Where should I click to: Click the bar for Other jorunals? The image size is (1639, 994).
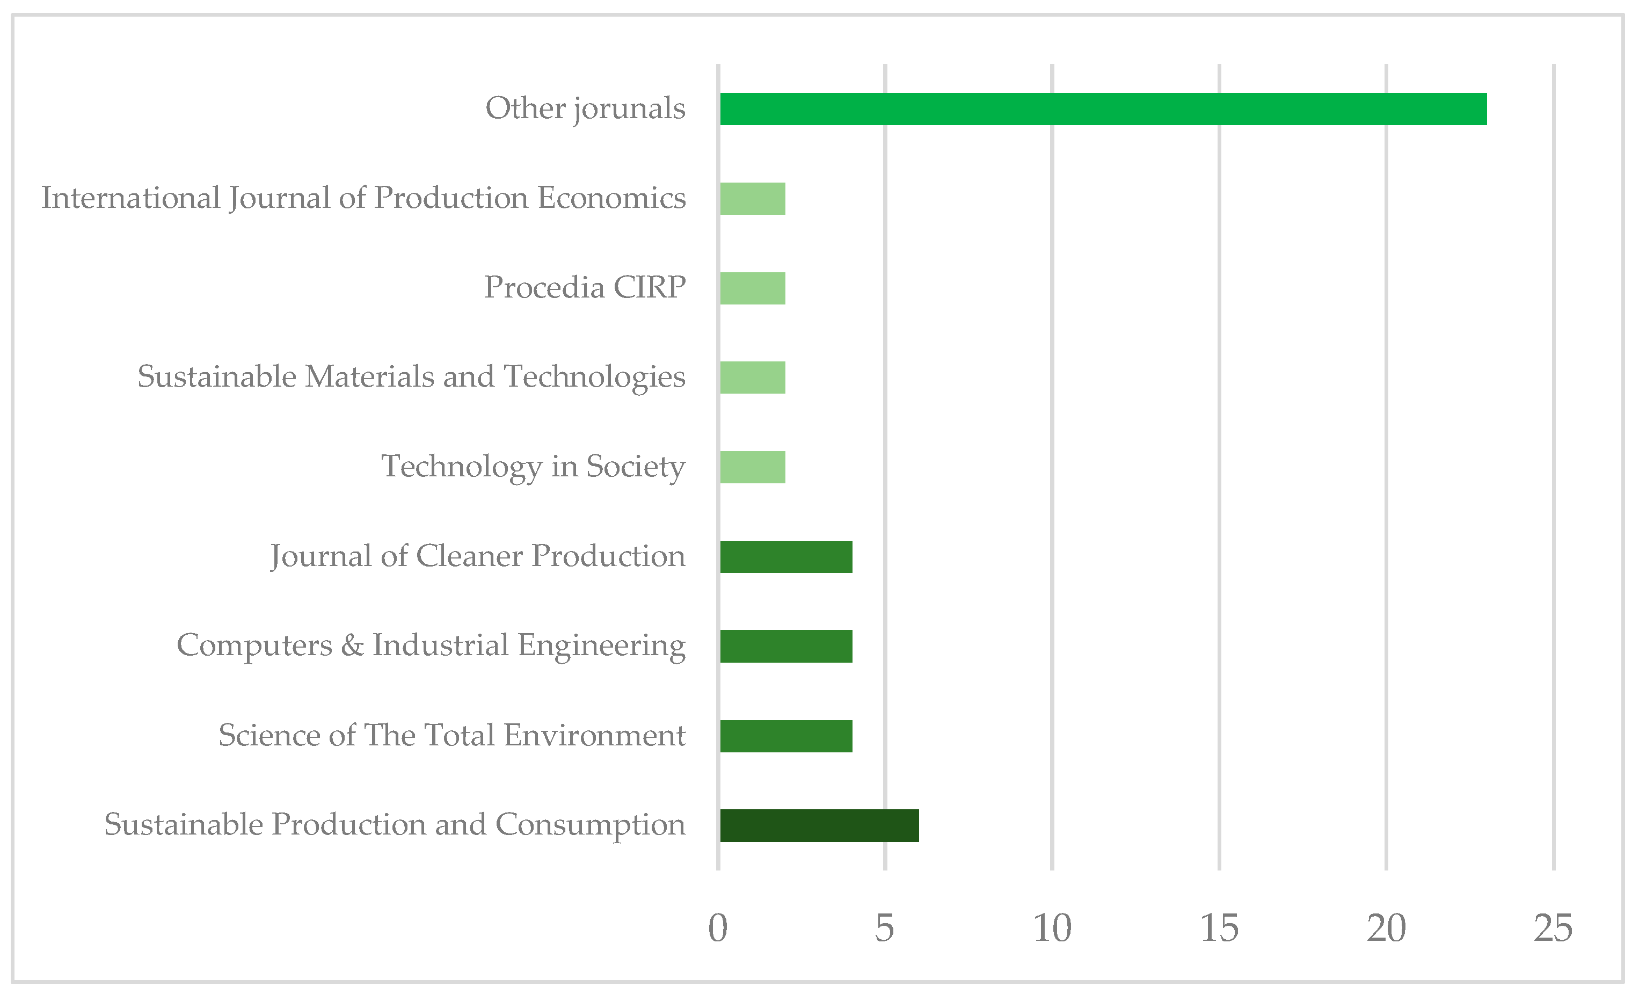(x=1103, y=109)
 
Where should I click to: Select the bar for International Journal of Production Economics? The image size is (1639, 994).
(x=752, y=199)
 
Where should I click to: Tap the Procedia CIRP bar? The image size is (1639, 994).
(x=752, y=288)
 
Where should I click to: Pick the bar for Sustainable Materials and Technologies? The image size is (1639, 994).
(x=752, y=377)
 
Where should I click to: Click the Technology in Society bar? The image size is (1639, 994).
(x=752, y=467)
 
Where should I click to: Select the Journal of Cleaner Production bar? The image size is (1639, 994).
(x=785, y=557)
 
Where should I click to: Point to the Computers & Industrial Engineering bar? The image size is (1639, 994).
(x=785, y=646)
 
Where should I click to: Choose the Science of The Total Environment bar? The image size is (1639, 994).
(x=785, y=736)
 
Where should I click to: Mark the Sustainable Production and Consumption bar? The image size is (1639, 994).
(x=819, y=826)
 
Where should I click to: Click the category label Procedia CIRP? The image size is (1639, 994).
(x=585, y=287)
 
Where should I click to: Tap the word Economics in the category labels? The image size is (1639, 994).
(x=611, y=198)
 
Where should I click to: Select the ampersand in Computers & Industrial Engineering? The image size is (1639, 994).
(x=352, y=645)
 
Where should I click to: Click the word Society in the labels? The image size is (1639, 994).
(x=635, y=467)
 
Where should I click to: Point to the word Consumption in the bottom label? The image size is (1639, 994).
(x=590, y=825)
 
